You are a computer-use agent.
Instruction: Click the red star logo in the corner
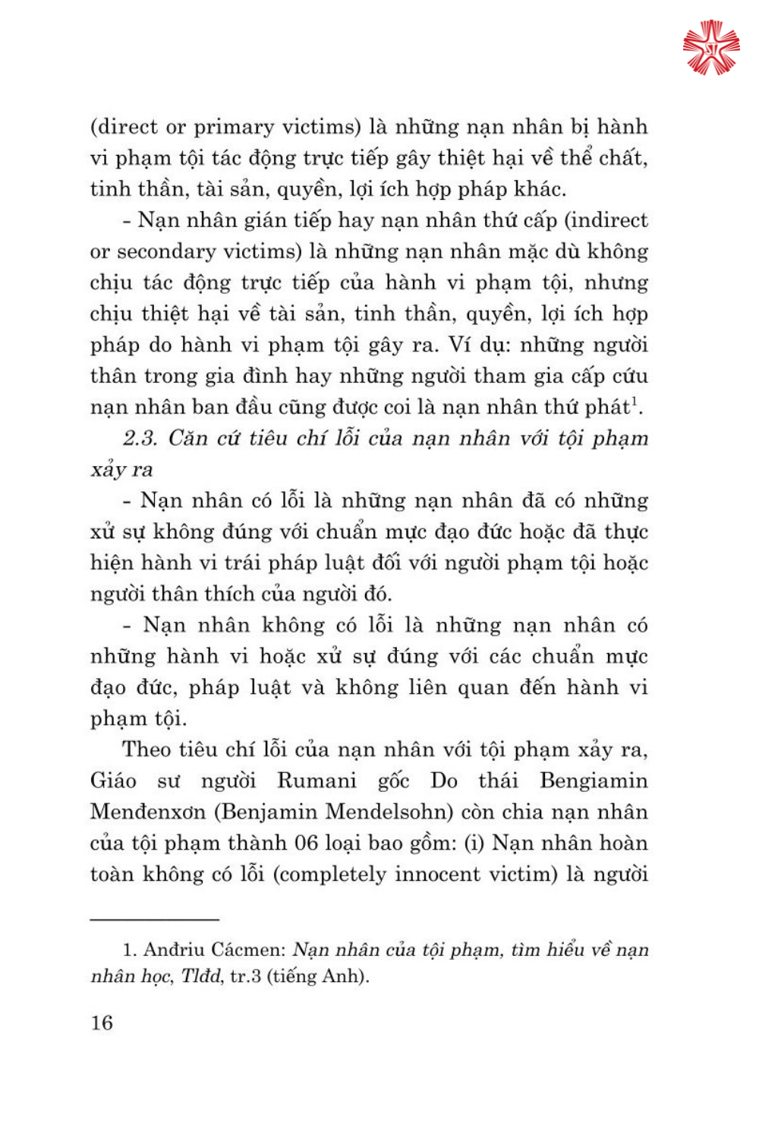point(710,48)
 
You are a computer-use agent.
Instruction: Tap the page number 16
point(102,1023)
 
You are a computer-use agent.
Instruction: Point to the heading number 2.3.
point(140,438)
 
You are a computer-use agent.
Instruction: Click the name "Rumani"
point(317,781)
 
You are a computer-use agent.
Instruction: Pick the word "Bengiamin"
point(594,781)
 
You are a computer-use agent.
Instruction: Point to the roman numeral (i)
point(474,843)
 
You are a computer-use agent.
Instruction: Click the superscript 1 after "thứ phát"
point(635,402)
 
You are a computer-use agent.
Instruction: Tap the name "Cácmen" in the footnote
point(247,950)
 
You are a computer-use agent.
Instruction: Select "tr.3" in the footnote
point(245,976)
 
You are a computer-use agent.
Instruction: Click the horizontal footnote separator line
point(155,920)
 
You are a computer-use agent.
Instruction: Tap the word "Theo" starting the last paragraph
point(146,749)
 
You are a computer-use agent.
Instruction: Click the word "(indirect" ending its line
point(606,220)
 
